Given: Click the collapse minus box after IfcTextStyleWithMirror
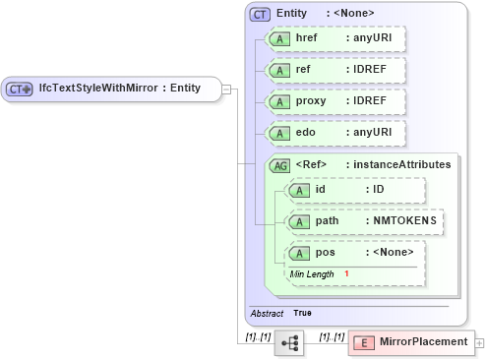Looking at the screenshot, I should (x=226, y=89).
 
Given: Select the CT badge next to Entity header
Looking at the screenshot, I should (x=261, y=14).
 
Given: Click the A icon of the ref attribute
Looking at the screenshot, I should (x=279, y=72).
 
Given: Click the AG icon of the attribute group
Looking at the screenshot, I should (x=279, y=164).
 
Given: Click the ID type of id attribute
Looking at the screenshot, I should (x=379, y=190).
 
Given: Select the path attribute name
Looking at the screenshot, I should (x=328, y=220).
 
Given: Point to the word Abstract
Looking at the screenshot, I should (x=267, y=313).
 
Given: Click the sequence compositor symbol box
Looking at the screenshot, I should (x=290, y=342).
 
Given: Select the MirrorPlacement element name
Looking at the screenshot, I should (x=424, y=342).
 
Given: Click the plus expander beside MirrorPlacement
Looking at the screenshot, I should (x=479, y=342).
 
